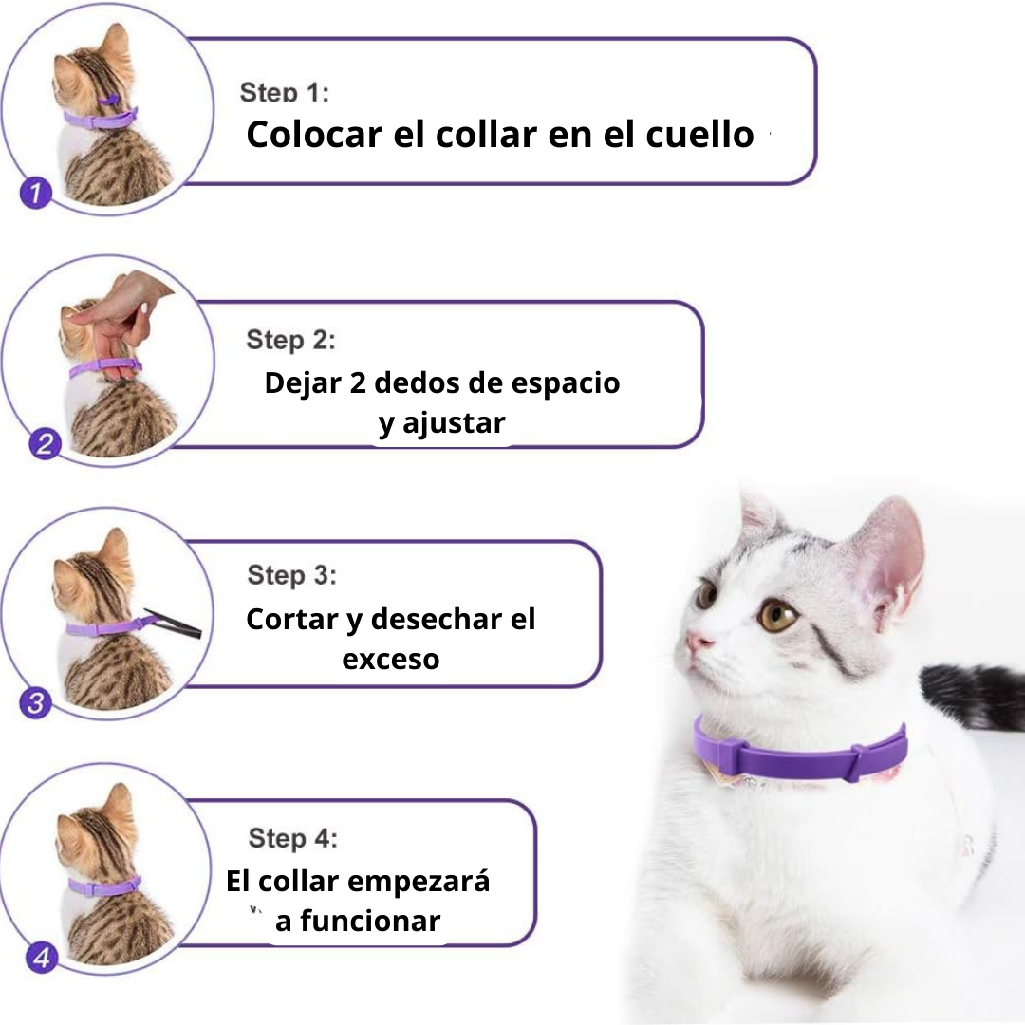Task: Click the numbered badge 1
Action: coord(35,193)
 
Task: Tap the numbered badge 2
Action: coord(46,444)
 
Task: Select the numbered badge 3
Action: coord(35,703)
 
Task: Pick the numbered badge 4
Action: coord(42,958)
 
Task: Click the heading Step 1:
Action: coord(285,92)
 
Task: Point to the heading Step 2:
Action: coord(290,340)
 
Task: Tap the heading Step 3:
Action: coord(291,575)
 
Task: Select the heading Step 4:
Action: coord(293,838)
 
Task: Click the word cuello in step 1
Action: coord(699,135)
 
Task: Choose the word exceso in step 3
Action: coord(390,661)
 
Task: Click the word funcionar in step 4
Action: coord(370,921)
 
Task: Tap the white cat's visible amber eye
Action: coord(777,615)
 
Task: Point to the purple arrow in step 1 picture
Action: coord(109,101)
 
